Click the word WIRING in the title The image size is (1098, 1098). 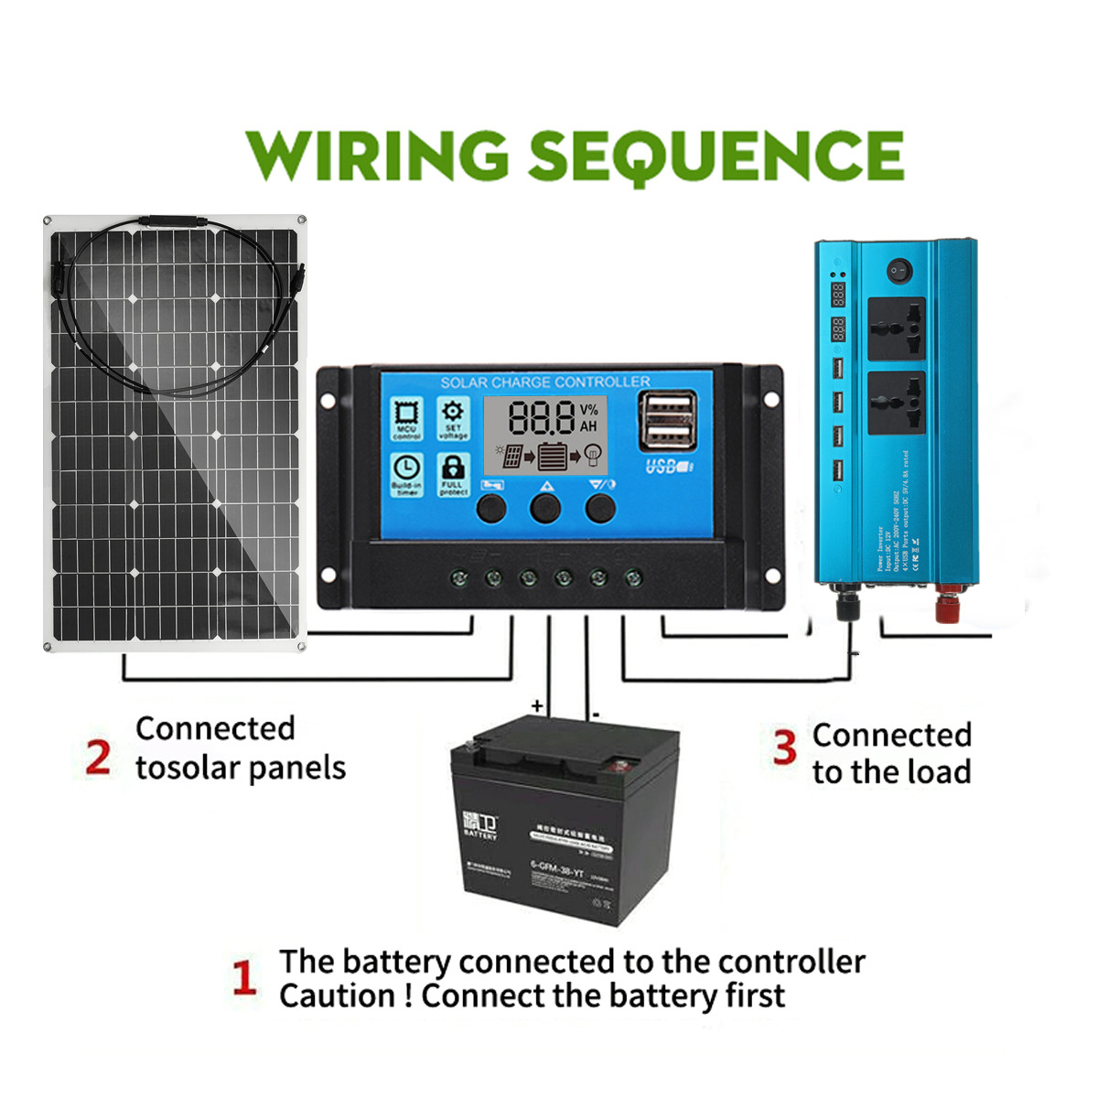[376, 155]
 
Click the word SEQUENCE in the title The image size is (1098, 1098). [716, 156]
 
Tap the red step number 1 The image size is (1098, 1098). [243, 978]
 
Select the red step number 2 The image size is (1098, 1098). [98, 758]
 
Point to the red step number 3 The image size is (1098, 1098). [784, 747]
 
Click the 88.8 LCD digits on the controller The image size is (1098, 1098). [542, 417]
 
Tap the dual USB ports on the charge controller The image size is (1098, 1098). [668, 419]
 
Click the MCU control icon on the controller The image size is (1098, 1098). [406, 417]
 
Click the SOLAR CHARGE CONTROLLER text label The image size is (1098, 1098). [545, 382]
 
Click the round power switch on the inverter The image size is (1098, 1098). [899, 271]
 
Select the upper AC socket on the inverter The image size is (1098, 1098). [896, 328]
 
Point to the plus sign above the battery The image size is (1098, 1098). [537, 706]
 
